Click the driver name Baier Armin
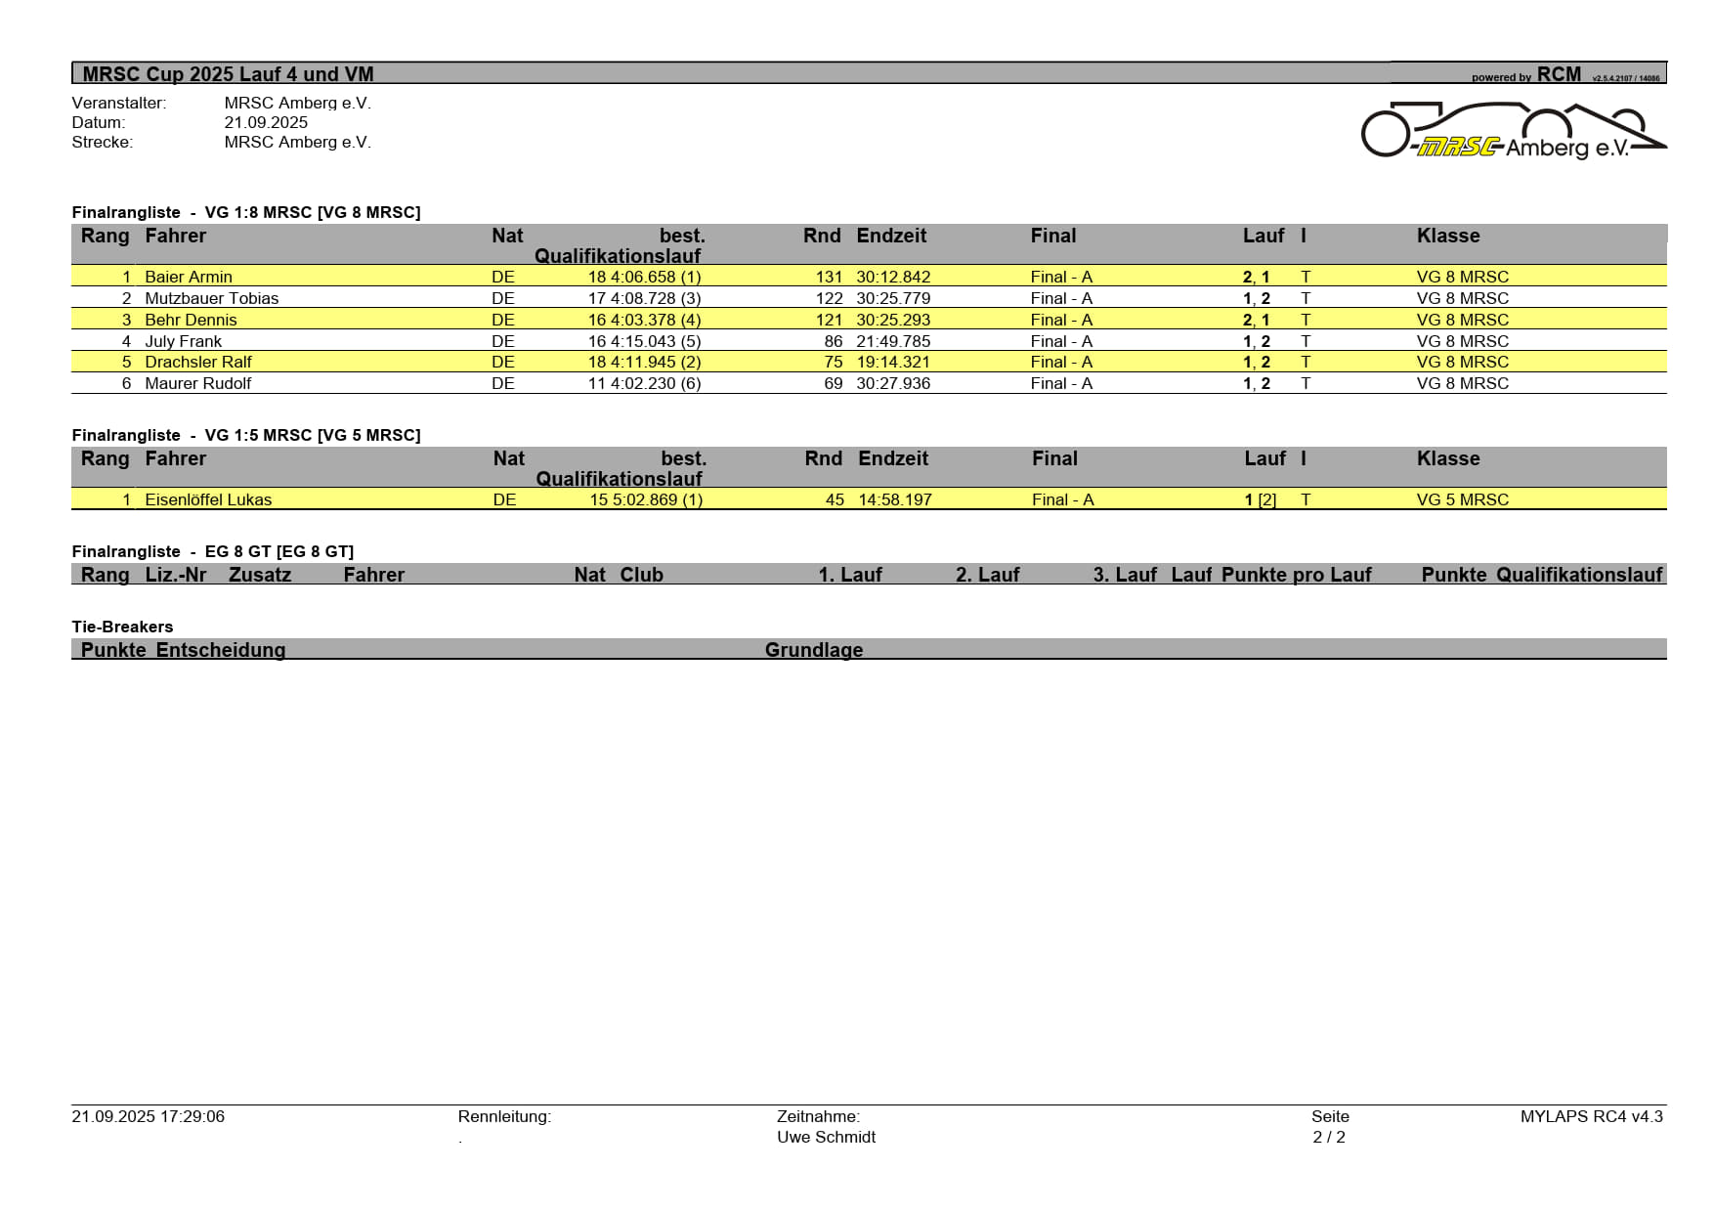pos(189,277)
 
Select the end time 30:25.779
pos(893,298)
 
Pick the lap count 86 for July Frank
pos(833,341)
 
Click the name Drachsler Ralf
pos(198,362)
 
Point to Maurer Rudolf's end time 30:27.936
pos(893,383)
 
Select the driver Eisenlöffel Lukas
pos(208,499)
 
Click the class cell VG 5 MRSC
pos(1462,499)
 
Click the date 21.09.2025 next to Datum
pos(266,122)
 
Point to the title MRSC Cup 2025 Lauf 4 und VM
pos(228,74)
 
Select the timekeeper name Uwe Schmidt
pos(826,1137)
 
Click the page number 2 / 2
pos(1329,1137)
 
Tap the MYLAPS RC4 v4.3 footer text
pos(1591,1116)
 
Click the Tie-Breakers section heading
pos(122,627)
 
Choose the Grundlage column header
pos(813,650)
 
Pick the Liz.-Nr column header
pos(176,575)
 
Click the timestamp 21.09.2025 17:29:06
pos(148,1116)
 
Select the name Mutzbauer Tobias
pos(211,298)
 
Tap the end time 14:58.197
pos(894,499)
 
